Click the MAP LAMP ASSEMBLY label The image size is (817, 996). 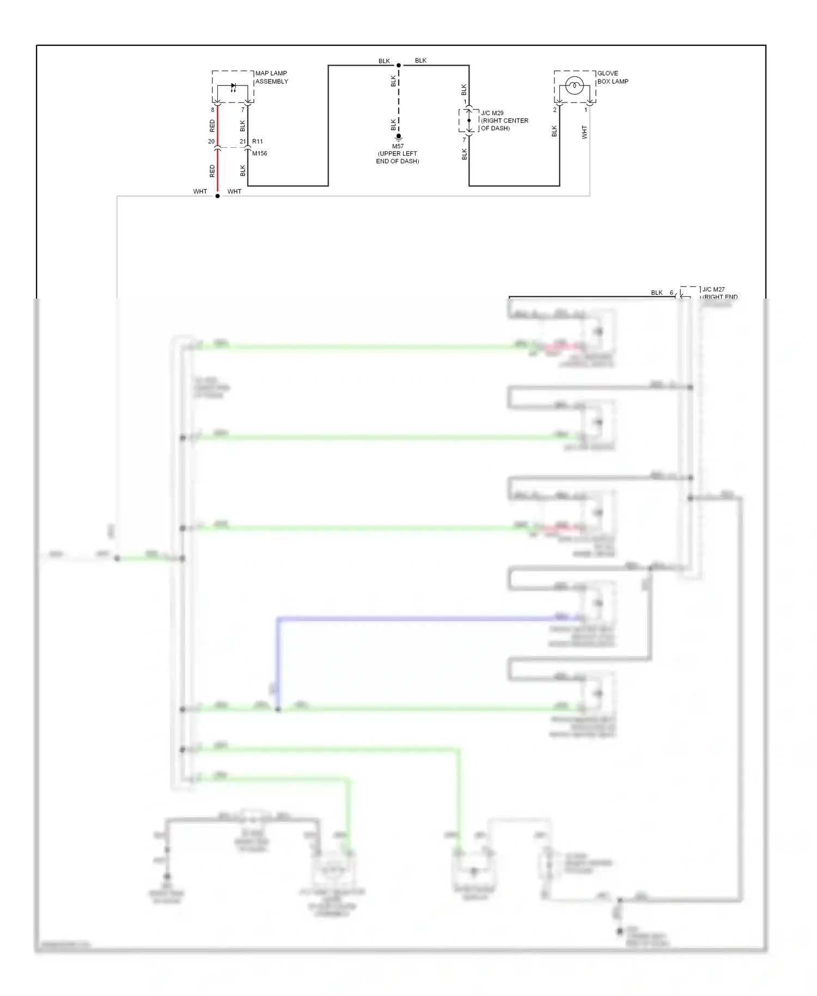point(271,77)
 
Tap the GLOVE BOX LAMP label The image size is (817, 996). point(612,77)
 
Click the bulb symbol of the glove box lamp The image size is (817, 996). point(575,86)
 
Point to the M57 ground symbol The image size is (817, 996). point(399,138)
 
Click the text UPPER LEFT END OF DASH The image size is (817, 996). point(398,157)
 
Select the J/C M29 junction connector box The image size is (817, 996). point(468,120)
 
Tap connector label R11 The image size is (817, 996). point(258,142)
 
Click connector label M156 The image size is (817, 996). point(259,153)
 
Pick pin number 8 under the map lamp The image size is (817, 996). point(212,110)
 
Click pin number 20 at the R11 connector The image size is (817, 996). point(211,142)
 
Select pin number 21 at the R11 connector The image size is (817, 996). point(243,142)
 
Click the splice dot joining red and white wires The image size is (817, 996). point(217,196)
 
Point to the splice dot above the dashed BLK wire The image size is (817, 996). point(399,65)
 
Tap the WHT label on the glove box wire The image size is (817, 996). point(584,132)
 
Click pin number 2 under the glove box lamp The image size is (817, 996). point(555,110)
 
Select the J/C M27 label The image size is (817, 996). point(714,290)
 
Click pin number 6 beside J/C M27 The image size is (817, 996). point(672,293)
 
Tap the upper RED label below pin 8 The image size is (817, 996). point(212,126)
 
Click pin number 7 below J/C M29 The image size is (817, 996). point(465,140)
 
